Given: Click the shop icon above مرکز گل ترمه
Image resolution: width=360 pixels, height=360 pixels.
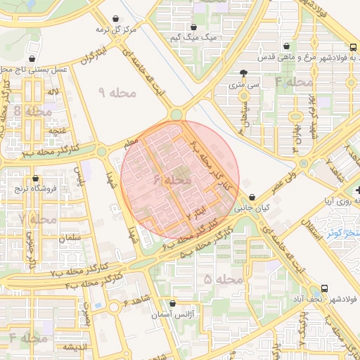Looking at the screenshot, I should [x=115, y=19].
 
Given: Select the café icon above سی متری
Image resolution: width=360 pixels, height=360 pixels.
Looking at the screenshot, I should [x=243, y=72].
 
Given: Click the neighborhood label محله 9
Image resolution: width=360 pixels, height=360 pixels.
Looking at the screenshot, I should [x=110, y=92].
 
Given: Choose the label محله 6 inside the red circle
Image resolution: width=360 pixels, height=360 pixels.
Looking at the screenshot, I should [x=172, y=181].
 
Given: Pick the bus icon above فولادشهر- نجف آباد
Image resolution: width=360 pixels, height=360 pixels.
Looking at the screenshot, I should [x=324, y=288].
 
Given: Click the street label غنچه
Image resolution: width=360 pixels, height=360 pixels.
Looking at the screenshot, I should [x=57, y=131].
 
